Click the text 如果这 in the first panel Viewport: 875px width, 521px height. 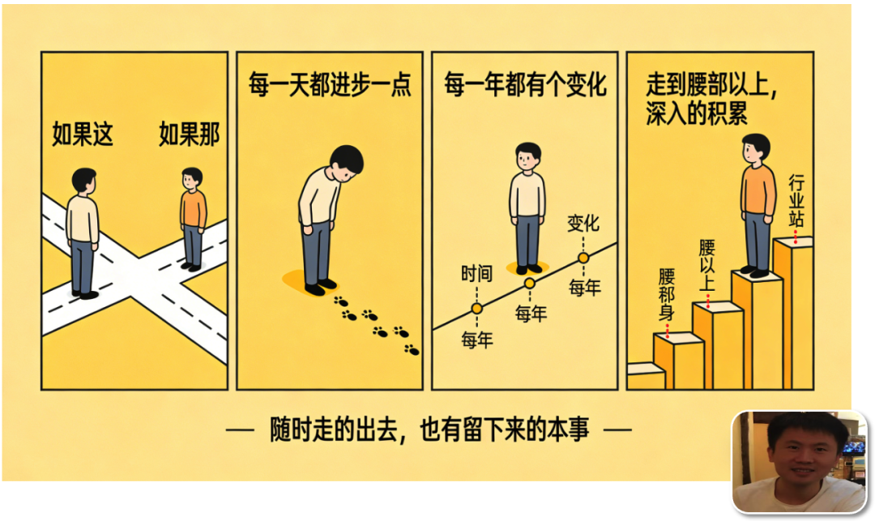[83, 134]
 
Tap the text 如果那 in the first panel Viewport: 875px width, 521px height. [189, 134]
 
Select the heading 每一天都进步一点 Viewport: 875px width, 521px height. [330, 85]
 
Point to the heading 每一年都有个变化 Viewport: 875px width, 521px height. [525, 85]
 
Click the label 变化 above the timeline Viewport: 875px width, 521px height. [583, 223]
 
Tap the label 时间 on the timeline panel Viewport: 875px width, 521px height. [476, 273]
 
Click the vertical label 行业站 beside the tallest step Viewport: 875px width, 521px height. [796, 201]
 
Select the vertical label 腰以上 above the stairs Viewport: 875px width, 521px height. [707, 266]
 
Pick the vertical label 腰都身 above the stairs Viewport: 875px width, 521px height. [666, 294]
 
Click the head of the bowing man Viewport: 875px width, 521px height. [346, 162]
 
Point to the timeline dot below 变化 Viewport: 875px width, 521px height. [583, 258]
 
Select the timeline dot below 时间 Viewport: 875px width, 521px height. [476, 308]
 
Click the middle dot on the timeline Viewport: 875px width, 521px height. [530, 284]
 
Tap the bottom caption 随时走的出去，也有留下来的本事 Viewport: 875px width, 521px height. [429, 429]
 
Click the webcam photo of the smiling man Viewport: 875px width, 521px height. [800, 461]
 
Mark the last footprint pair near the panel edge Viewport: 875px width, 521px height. [412, 350]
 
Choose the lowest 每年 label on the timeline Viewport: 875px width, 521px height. [477, 340]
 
